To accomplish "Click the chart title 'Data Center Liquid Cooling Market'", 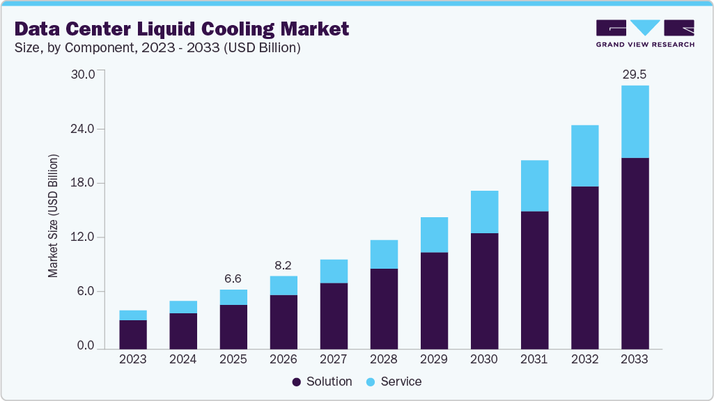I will pos(181,29).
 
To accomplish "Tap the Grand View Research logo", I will pos(645,33).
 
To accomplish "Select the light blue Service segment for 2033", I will pos(635,122).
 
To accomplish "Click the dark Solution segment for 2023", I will pos(133,334).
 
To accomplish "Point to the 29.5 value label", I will pos(635,74).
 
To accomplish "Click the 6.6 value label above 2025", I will pos(233,278).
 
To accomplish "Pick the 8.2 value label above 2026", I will pos(284,265).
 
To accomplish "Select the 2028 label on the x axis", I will pos(384,359).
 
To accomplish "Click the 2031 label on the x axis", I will pos(534,359).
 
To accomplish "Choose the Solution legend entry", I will pos(322,382).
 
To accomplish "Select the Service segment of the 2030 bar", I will pos(484,212).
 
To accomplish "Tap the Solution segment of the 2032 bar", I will pos(584,267).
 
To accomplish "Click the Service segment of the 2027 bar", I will pos(334,271).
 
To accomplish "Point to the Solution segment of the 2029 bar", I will pos(434,300).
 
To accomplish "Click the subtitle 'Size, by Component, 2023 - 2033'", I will pos(157,48).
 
